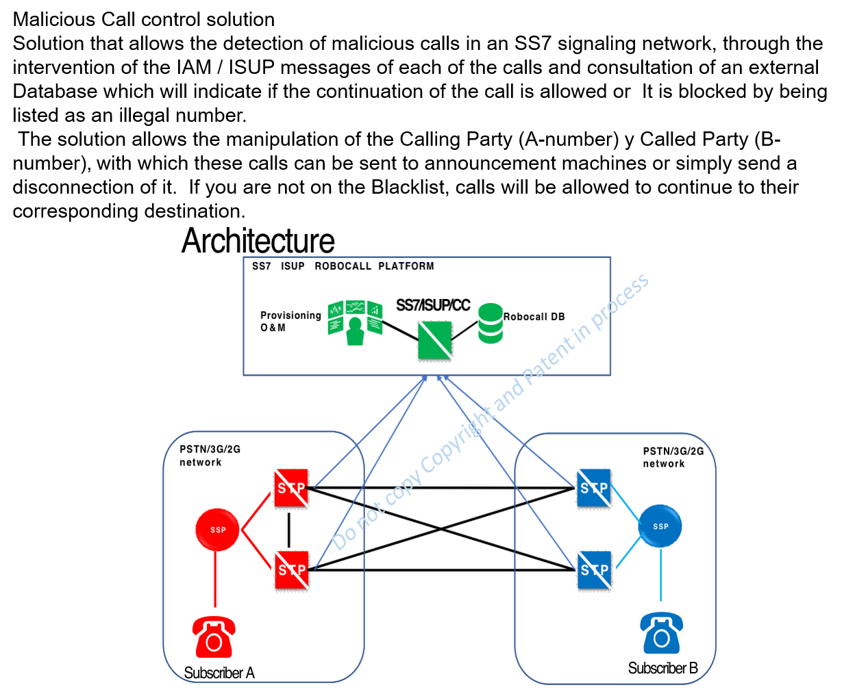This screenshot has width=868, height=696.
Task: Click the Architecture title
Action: (x=258, y=241)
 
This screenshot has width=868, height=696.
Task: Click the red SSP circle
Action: (x=217, y=529)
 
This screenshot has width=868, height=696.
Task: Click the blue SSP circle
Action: (x=660, y=526)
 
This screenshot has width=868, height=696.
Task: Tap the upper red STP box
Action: (x=291, y=488)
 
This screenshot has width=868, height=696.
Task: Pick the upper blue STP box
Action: (x=594, y=488)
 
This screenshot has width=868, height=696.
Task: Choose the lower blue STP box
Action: (x=594, y=569)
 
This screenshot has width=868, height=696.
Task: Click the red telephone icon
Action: (x=214, y=636)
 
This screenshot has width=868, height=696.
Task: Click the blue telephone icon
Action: (x=661, y=633)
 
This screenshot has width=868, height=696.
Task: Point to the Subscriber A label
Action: (x=219, y=673)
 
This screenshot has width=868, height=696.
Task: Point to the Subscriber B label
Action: (x=662, y=668)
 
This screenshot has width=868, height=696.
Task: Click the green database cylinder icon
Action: (x=491, y=323)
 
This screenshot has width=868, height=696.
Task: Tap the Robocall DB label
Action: (x=534, y=317)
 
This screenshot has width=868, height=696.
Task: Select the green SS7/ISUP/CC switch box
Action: (x=435, y=340)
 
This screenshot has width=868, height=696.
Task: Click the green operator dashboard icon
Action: (x=355, y=322)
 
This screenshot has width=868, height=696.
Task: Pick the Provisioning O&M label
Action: (x=290, y=321)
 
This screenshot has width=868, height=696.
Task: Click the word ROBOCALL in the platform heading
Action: (x=343, y=266)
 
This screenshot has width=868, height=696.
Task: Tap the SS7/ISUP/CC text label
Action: (x=433, y=305)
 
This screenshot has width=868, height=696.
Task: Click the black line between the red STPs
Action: (x=289, y=529)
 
